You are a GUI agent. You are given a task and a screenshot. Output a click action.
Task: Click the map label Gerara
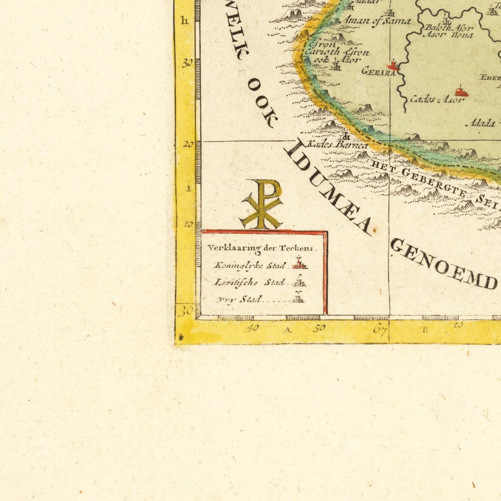[378, 72]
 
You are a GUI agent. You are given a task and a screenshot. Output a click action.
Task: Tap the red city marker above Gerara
[393, 66]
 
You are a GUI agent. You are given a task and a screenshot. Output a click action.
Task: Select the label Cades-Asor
[437, 100]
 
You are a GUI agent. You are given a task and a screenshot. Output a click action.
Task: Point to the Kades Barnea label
[337, 145]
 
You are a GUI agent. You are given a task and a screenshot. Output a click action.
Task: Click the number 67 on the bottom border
[380, 330]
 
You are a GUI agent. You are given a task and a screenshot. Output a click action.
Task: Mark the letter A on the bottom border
[287, 330]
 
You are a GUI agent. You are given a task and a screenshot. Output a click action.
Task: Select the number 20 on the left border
[189, 144]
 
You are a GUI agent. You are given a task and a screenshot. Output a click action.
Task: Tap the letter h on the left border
[185, 21]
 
